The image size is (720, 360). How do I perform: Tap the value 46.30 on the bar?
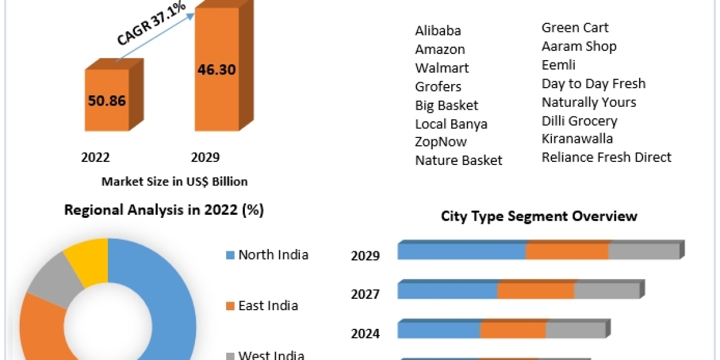[x=217, y=69]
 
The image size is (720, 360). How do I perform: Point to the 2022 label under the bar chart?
[x=95, y=157]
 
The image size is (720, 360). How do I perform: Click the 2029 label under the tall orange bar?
[x=205, y=157]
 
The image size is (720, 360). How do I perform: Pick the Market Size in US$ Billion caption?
[x=175, y=181]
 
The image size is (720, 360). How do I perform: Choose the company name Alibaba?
[x=438, y=31]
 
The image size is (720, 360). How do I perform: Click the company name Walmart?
[x=442, y=68]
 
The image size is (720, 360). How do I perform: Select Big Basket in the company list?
[x=446, y=106]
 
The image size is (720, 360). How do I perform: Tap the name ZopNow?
[x=440, y=142]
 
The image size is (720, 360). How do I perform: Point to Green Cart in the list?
[x=575, y=28]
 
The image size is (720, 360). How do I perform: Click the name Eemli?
[x=558, y=65]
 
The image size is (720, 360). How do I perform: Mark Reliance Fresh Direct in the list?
[x=606, y=157]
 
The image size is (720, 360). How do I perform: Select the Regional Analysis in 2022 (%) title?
[x=164, y=210]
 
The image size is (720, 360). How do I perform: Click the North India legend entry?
[x=267, y=254]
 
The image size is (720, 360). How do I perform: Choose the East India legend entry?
[x=262, y=306]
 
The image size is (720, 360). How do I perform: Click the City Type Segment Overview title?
[x=539, y=216]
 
